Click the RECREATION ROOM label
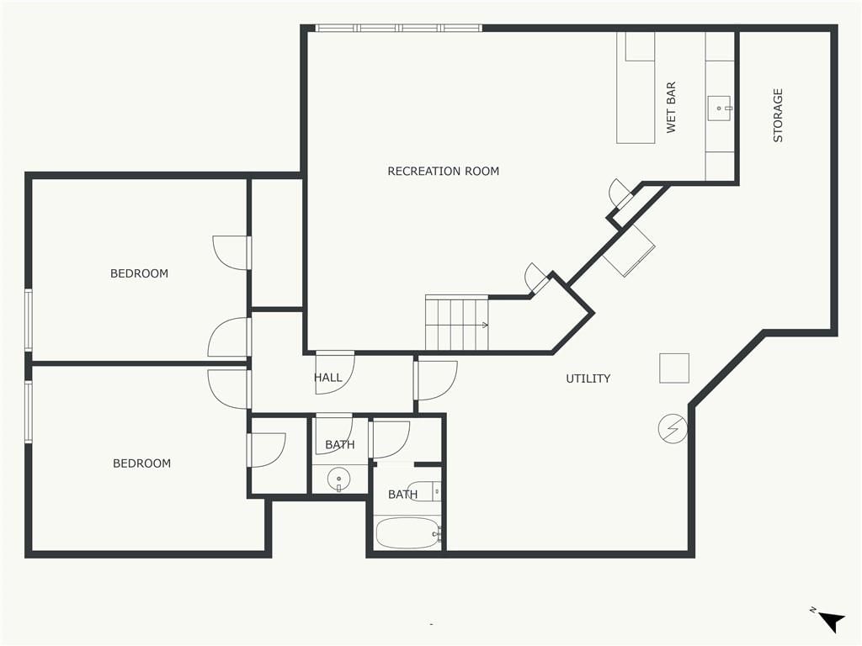pyautogui.click(x=443, y=172)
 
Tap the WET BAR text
pyautogui.click(x=671, y=108)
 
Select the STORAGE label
pyautogui.click(x=778, y=115)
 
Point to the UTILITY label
pyautogui.click(x=588, y=379)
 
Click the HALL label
pyautogui.click(x=327, y=378)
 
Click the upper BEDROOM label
pyautogui.click(x=139, y=273)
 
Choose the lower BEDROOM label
pyautogui.click(x=141, y=463)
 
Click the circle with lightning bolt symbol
pyautogui.click(x=673, y=428)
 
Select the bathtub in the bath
pyautogui.click(x=408, y=532)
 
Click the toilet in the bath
pyautogui.click(x=425, y=490)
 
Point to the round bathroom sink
pyautogui.click(x=338, y=479)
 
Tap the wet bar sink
pyautogui.click(x=719, y=109)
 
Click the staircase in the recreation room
pyautogui.click(x=457, y=323)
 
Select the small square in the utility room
pyautogui.click(x=674, y=368)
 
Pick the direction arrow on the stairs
pyautogui.click(x=484, y=326)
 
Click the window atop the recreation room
pyautogui.click(x=398, y=28)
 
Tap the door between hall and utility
pyautogui.click(x=436, y=380)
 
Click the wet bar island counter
pyautogui.click(x=636, y=87)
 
